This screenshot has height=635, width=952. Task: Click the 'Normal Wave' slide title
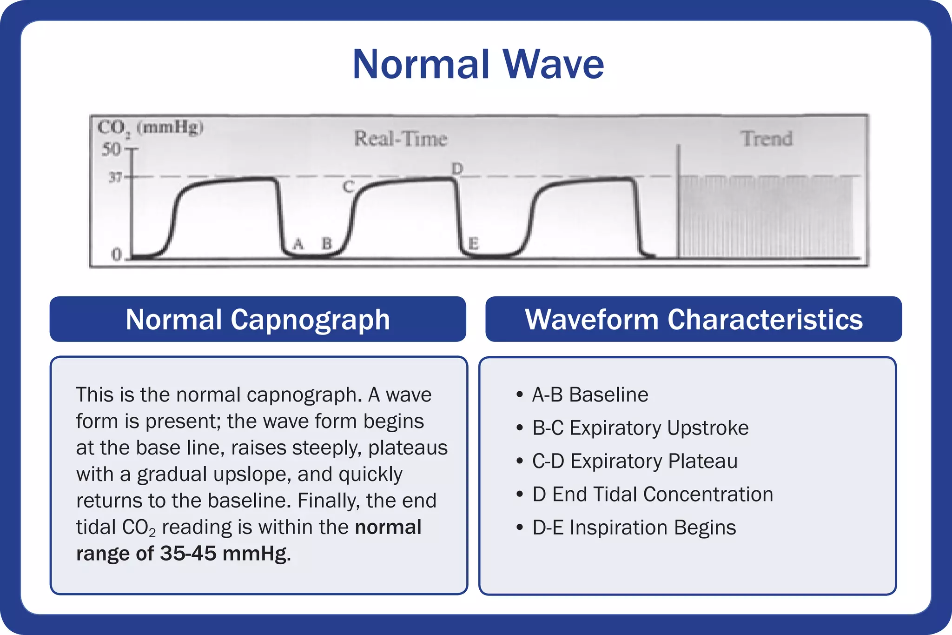click(478, 64)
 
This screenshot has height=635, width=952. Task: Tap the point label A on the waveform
click(298, 243)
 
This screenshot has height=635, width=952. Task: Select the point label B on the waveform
click(327, 243)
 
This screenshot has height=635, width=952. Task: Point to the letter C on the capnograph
click(348, 187)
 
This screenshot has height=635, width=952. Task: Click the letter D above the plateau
click(457, 168)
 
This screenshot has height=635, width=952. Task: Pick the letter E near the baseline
click(473, 243)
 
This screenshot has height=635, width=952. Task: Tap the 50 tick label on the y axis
click(112, 149)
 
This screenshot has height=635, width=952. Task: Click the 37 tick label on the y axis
click(115, 177)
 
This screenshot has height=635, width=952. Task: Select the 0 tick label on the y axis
click(116, 254)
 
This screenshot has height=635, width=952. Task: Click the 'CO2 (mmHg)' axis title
click(150, 127)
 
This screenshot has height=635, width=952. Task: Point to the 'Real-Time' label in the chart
click(400, 139)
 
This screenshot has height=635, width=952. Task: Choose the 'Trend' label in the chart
click(767, 139)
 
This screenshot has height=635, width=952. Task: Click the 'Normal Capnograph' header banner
click(258, 320)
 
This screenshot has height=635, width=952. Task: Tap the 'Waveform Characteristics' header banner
click(694, 320)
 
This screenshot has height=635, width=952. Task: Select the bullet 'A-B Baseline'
click(590, 394)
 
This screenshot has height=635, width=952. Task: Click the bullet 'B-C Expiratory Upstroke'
click(640, 428)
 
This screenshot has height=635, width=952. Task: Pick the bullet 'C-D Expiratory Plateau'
click(635, 461)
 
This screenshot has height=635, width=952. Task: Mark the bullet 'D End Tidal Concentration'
click(652, 494)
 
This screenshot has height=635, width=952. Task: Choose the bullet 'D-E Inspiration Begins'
click(634, 528)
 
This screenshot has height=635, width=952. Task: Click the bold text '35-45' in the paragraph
click(188, 554)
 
